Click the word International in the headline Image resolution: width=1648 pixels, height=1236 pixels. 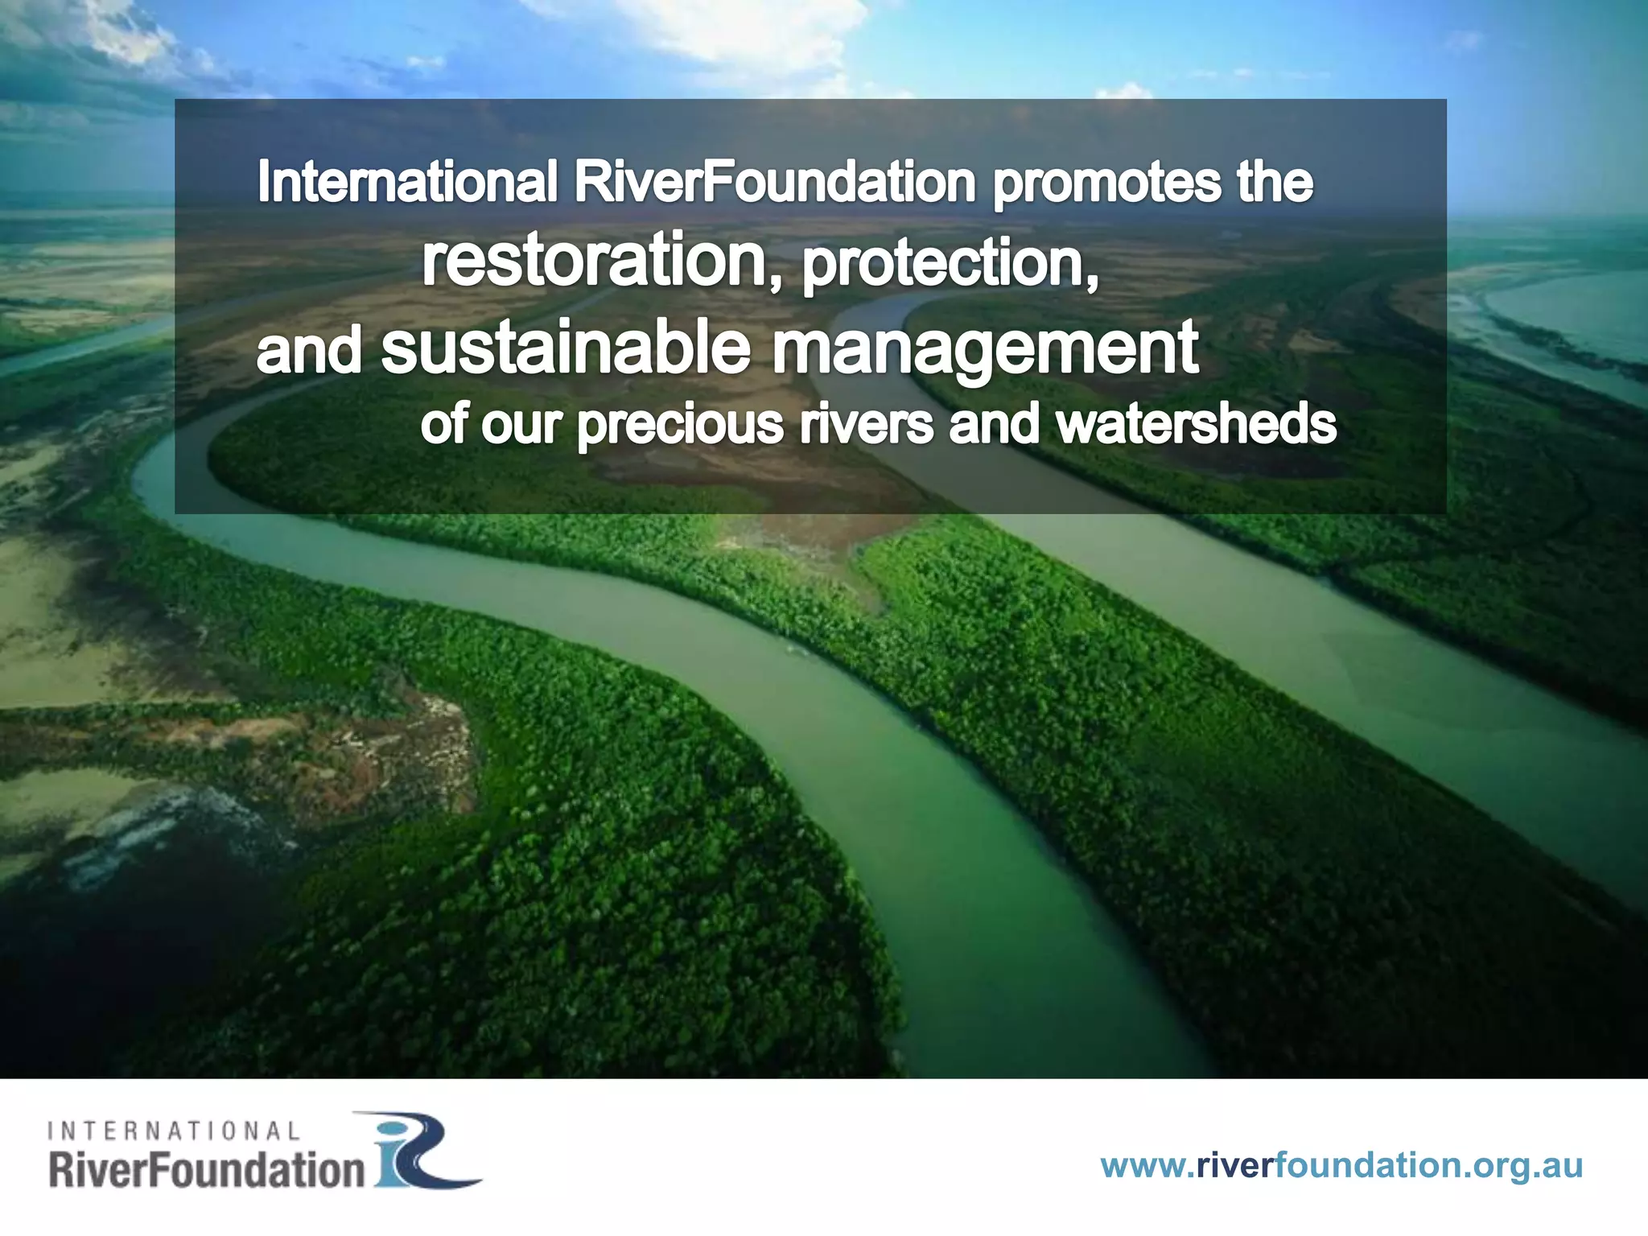pyautogui.click(x=407, y=182)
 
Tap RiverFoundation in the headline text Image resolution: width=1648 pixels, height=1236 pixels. pyautogui.click(x=774, y=182)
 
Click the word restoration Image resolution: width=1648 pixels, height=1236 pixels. pyautogui.click(x=595, y=260)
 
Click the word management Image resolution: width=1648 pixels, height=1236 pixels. pyautogui.click(x=985, y=350)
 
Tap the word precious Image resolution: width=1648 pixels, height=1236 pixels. pyautogui.click(x=680, y=426)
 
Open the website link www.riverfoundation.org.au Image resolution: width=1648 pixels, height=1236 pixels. pyautogui.click(x=1341, y=1165)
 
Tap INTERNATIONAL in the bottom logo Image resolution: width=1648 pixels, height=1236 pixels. pyautogui.click(x=174, y=1131)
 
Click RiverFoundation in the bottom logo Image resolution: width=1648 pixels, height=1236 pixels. pyautogui.click(x=207, y=1169)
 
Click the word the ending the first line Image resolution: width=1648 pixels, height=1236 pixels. pyautogui.click(x=1275, y=182)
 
